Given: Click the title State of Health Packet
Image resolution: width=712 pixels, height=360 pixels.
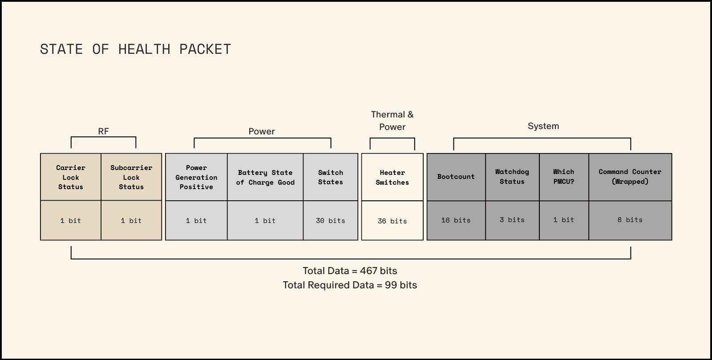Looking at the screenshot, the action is click(x=135, y=49).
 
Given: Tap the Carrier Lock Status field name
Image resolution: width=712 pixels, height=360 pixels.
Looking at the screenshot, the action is click(x=71, y=177).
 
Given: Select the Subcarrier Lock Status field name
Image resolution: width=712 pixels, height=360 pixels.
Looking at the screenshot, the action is click(x=131, y=177).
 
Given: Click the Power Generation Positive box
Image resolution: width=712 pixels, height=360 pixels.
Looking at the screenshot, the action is click(x=196, y=177).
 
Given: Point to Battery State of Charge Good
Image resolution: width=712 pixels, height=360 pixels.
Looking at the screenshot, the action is click(x=265, y=177).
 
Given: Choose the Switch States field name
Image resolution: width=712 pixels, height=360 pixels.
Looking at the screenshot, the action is click(x=331, y=177).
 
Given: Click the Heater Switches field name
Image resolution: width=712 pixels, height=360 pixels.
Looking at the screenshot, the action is click(x=392, y=177).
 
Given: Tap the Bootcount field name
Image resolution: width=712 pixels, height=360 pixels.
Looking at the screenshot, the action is click(x=456, y=177).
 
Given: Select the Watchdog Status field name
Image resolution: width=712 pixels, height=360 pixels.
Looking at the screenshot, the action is click(x=512, y=177).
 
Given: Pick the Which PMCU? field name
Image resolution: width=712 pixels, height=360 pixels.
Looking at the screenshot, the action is click(x=564, y=177).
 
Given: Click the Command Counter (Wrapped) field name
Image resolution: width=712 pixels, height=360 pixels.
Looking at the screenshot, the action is click(x=630, y=177).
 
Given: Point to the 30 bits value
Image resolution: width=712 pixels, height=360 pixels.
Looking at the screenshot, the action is click(x=331, y=221).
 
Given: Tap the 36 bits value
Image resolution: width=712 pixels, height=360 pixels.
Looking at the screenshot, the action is click(x=392, y=221).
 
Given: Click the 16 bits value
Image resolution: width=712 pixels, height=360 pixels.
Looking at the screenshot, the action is click(x=456, y=220).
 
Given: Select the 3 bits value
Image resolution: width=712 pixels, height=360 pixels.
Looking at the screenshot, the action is click(x=512, y=220).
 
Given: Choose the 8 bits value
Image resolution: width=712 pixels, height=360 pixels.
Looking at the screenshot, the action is click(x=630, y=220).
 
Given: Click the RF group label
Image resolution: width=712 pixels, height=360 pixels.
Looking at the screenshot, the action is click(x=103, y=131).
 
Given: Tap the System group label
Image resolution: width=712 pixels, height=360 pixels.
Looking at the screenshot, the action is click(x=543, y=126).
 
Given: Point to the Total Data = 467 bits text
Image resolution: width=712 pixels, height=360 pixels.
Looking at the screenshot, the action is click(x=350, y=271).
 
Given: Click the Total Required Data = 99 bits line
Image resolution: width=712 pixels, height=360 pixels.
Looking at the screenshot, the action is click(x=350, y=285).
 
